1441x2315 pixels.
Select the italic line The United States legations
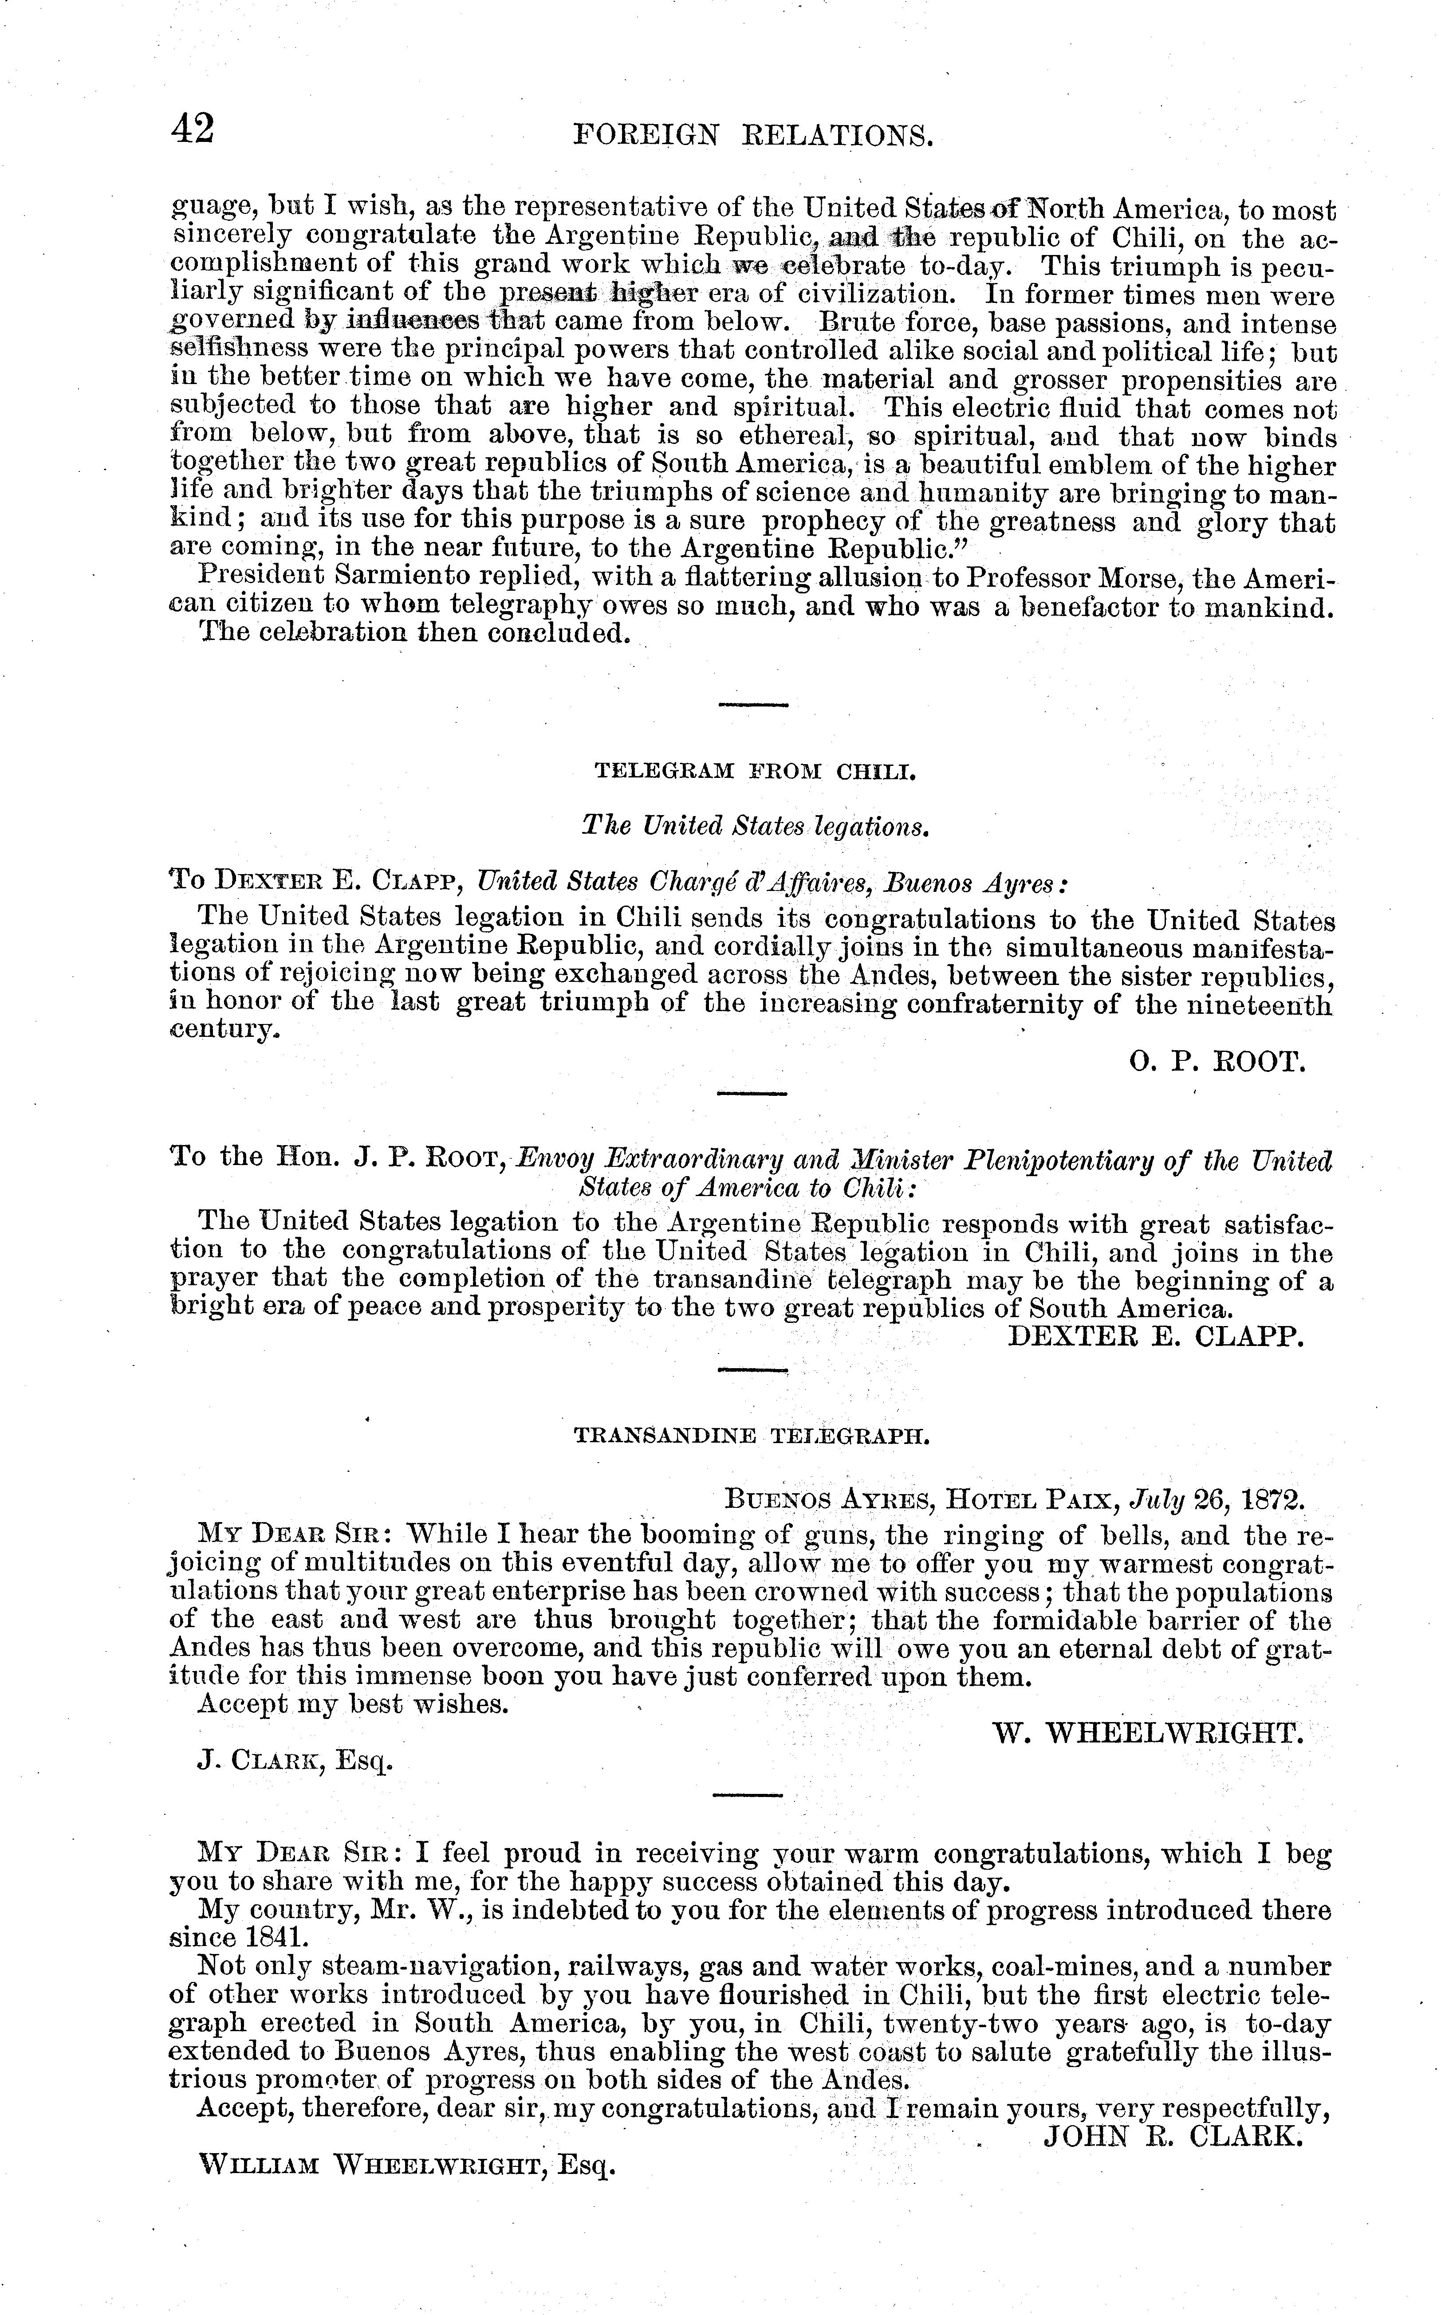[x=755, y=826]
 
